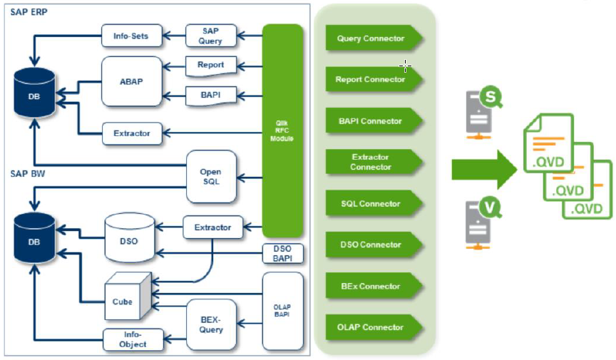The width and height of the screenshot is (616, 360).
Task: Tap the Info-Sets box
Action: tap(130, 35)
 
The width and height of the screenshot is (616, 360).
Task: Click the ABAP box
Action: tap(132, 81)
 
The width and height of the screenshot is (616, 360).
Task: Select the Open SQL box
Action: tap(210, 177)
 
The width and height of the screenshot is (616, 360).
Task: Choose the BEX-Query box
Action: tap(211, 324)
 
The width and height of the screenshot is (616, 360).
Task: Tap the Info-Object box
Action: tap(133, 339)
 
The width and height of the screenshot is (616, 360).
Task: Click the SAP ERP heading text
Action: tap(29, 12)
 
